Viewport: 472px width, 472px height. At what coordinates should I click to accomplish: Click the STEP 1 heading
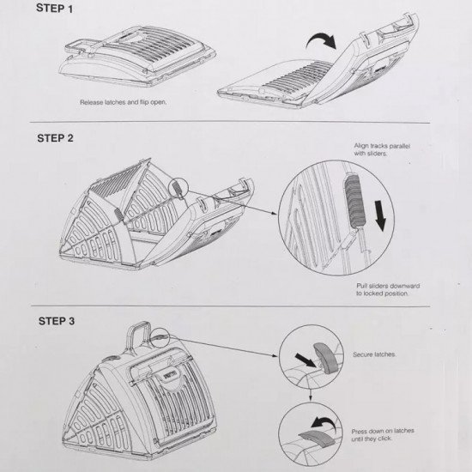pyautogui.click(x=54, y=9)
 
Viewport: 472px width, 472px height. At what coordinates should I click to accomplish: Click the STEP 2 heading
pyautogui.click(x=56, y=138)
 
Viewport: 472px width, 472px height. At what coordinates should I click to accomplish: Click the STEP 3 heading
pyautogui.click(x=57, y=321)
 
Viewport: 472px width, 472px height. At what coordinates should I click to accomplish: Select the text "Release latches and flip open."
pyautogui.click(x=123, y=102)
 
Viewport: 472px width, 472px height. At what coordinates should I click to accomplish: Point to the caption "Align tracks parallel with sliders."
pyautogui.click(x=382, y=149)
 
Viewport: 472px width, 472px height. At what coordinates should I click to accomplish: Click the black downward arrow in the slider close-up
pyautogui.click(x=380, y=215)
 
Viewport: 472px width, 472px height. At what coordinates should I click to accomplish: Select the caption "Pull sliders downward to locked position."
pyautogui.click(x=388, y=289)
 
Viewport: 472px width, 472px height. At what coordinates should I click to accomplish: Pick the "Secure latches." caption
pyautogui.click(x=374, y=354)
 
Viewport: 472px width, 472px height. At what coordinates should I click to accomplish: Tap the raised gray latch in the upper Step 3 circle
pyautogui.click(x=326, y=358)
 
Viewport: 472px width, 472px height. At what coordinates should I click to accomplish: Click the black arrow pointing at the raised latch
pyautogui.click(x=306, y=360)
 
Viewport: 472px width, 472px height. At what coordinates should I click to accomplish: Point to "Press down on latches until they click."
pyautogui.click(x=383, y=435)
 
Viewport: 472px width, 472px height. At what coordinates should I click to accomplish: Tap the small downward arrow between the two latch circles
pyautogui.click(x=311, y=394)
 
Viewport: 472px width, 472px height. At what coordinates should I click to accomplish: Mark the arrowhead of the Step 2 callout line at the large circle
pyautogui.click(x=275, y=214)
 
